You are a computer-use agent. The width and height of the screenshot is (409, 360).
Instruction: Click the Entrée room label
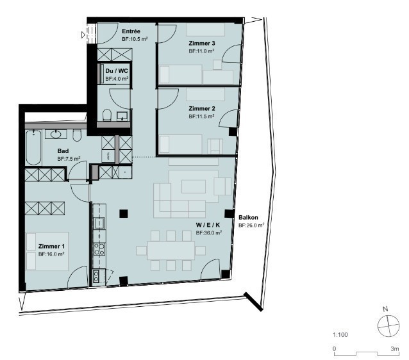tap(131, 31)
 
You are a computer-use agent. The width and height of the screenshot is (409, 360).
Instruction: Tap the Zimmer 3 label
tap(202, 44)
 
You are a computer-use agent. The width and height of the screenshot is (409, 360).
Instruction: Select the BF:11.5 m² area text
tap(201, 117)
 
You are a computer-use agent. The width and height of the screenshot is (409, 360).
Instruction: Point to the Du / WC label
tap(117, 71)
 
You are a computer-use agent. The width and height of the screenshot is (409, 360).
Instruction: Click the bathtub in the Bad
tap(33, 147)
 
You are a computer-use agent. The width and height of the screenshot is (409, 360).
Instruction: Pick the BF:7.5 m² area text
tap(69, 158)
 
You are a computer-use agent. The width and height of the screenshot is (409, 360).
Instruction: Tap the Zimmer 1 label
tap(51, 247)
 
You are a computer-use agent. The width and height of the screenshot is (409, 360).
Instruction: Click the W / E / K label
tap(208, 225)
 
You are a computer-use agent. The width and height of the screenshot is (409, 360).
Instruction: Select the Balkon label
tap(248, 217)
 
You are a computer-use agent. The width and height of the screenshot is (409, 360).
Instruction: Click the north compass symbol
tap(388, 326)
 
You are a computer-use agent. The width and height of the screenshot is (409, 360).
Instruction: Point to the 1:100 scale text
tap(340, 335)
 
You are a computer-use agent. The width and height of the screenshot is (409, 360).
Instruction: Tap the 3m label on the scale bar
tap(395, 348)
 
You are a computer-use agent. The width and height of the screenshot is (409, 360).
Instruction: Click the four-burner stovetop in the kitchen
tap(99, 249)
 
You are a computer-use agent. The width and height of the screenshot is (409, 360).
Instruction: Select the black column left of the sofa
tap(124, 213)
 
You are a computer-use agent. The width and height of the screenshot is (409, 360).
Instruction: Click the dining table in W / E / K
tap(171, 250)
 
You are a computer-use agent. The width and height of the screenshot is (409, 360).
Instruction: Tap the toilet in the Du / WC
tap(107, 115)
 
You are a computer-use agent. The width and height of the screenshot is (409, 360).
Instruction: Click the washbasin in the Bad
tap(56, 135)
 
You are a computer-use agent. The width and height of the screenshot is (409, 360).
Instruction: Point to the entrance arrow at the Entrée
tap(83, 35)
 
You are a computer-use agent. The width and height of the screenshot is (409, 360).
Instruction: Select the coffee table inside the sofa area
tap(194, 186)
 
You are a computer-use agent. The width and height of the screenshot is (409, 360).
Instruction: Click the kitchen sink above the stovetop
tap(99, 223)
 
